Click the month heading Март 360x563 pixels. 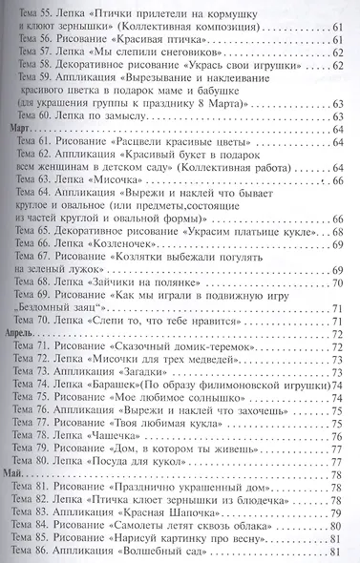coord(20,128)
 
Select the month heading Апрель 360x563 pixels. coord(23,336)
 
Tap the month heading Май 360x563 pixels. coord(18,474)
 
